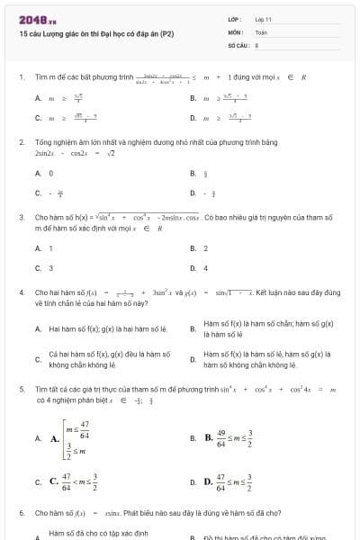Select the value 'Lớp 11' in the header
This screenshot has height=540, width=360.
tap(263, 18)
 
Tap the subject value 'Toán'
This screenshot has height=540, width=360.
tap(261, 31)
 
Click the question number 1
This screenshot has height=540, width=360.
tap(21, 77)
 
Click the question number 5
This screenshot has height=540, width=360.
tap(21, 389)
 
